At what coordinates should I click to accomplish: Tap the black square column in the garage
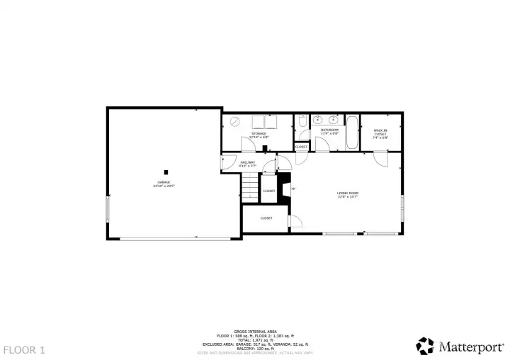[x=166, y=171]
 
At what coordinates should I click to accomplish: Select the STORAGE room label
[x=257, y=134]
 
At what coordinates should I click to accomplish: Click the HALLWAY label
[x=247, y=164]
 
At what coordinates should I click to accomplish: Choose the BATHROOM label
[x=329, y=130]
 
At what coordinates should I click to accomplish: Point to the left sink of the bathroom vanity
[x=317, y=121]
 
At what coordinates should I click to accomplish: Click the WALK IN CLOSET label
[x=380, y=133]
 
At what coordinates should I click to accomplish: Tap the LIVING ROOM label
[x=347, y=194]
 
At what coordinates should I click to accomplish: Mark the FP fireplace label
[x=293, y=189]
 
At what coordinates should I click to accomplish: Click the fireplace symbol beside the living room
[x=285, y=189]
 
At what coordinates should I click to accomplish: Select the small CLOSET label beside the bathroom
[x=301, y=147]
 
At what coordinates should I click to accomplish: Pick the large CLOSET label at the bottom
[x=266, y=218]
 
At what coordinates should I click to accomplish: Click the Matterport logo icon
[x=424, y=346]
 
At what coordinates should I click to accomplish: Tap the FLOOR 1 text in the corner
[x=25, y=349]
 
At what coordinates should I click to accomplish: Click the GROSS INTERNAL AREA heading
[x=254, y=330]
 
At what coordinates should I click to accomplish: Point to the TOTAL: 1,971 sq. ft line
[x=254, y=339]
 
